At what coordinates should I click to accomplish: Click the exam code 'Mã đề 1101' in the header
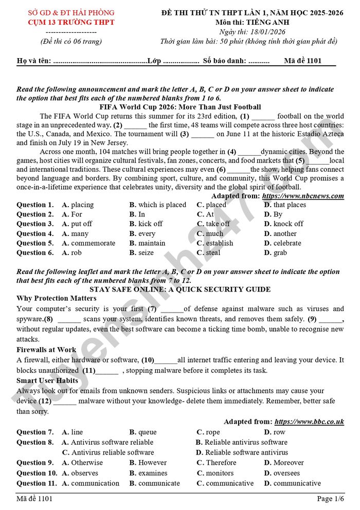[303, 61]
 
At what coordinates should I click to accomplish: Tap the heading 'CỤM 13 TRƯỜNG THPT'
[71, 22]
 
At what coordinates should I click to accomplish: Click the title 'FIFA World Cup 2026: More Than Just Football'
[180, 107]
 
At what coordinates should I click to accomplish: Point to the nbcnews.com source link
[303, 196]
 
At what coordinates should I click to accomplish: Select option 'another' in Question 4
[280, 233]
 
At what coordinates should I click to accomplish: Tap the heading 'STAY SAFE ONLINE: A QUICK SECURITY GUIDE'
[180, 289]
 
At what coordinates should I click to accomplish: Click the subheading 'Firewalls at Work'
[46, 350]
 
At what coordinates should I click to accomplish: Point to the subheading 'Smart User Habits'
[47, 380]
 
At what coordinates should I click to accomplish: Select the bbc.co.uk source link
[309, 422]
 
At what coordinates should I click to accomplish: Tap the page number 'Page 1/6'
[331, 499]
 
